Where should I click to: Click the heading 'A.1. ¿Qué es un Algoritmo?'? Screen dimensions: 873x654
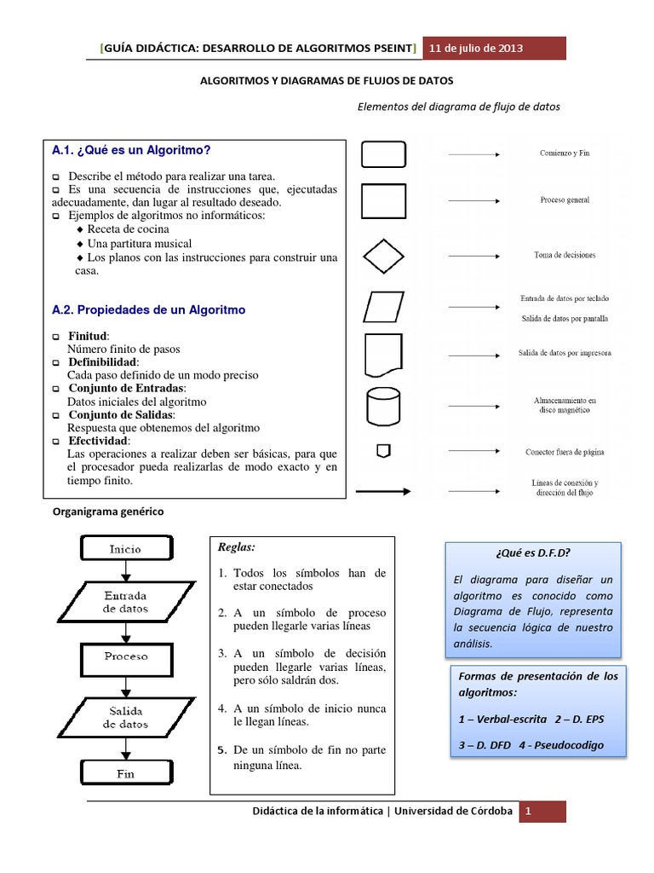pos(131,150)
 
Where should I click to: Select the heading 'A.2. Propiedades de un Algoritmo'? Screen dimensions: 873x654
pos(148,310)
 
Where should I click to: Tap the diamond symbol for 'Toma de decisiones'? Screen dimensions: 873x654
pos(383,254)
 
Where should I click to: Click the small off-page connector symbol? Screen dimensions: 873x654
pos(383,450)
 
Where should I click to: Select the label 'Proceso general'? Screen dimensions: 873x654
pos(565,200)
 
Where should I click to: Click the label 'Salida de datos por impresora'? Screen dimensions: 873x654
pos(564,352)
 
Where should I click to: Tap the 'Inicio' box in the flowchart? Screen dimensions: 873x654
pos(125,549)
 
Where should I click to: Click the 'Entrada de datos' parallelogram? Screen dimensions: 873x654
pos(125,602)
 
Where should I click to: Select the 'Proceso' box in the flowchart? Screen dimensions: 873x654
pos(125,656)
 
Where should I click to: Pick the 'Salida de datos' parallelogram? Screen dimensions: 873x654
pos(125,717)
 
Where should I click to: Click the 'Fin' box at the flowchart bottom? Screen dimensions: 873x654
pos(125,774)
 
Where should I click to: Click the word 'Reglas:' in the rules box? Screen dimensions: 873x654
pos(237,546)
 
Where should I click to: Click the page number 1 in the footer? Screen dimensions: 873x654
pos(528,812)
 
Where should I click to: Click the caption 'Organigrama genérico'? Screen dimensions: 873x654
pos(107,512)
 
